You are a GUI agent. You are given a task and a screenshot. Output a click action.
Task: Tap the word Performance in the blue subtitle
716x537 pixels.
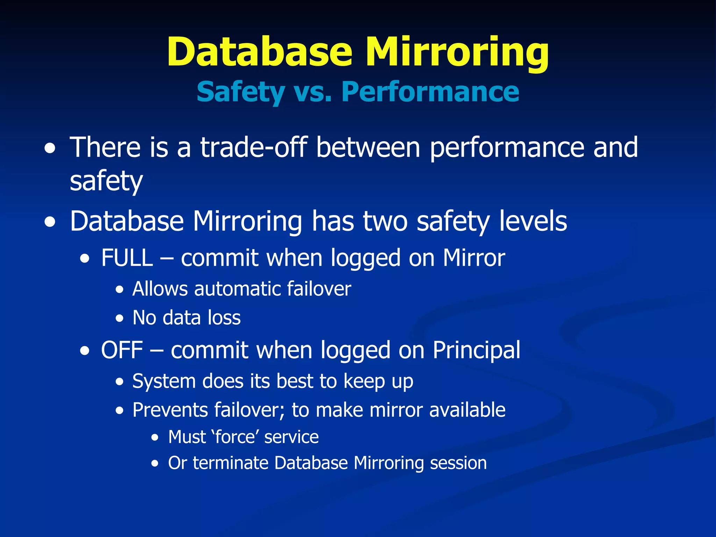pos(430,92)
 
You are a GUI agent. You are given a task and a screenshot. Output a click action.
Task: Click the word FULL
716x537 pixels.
pos(127,258)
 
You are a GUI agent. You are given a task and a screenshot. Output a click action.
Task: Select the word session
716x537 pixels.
pos(458,463)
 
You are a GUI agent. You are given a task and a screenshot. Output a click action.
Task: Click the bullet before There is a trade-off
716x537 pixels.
pos(50,149)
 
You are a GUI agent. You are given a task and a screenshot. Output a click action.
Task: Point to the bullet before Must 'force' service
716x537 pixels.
pos(155,438)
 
